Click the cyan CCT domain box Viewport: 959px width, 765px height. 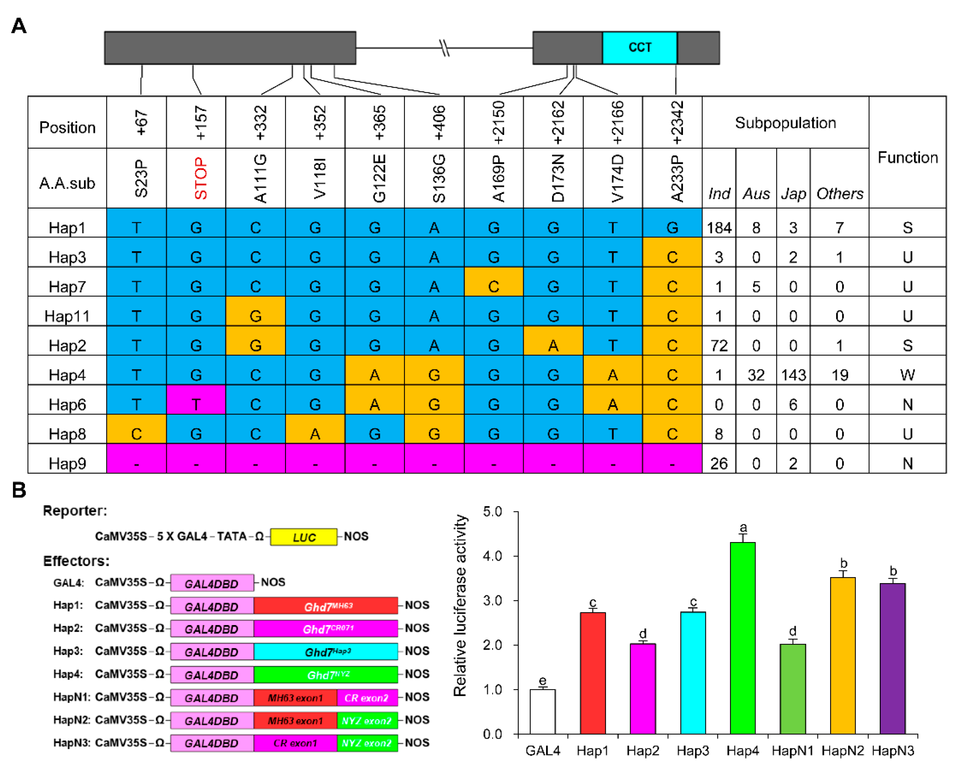tap(639, 48)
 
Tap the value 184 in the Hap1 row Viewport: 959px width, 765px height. tap(719, 228)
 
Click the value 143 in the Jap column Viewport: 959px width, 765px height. tap(793, 375)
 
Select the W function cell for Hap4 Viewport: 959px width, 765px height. tap(907, 375)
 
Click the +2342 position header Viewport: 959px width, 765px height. tap(677, 122)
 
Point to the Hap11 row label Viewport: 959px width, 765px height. tap(67, 316)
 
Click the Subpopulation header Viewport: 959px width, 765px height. tap(785, 123)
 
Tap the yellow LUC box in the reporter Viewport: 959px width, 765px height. tap(303, 537)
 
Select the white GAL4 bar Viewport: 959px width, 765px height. tap(542, 711)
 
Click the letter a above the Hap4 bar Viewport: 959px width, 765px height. tap(743, 528)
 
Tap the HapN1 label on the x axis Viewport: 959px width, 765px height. tap(792, 750)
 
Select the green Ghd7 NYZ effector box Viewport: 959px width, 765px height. tap(326, 675)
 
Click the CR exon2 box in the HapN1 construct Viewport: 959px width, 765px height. tap(367, 698)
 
